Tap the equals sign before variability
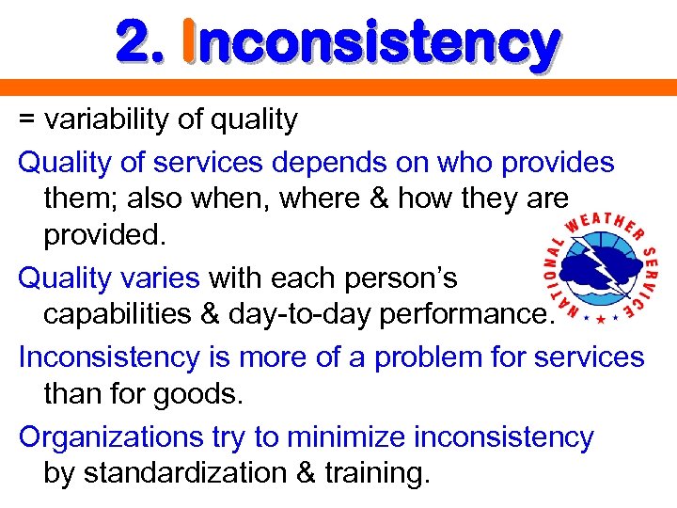coord(28,119)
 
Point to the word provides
coord(558,163)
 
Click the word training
coord(378,474)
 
